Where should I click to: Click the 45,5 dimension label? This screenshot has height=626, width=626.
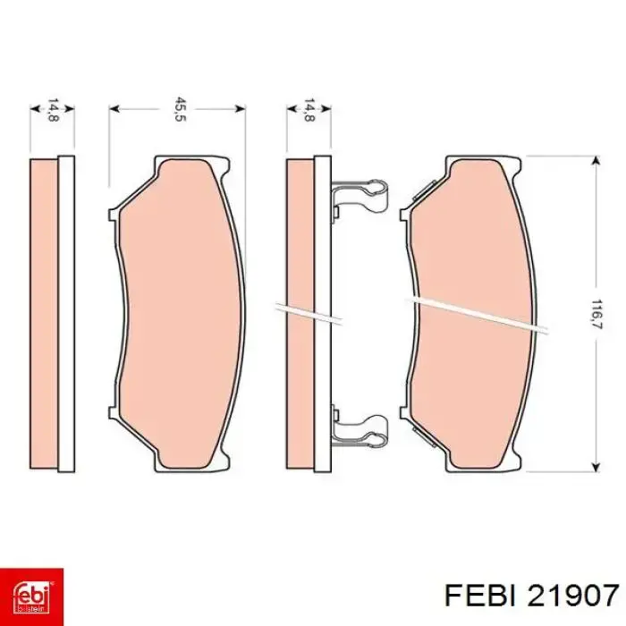point(180,109)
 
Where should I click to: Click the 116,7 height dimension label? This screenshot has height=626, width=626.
point(596,314)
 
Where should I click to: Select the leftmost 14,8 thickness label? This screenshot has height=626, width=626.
point(53,110)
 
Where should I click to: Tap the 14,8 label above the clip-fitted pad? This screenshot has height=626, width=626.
point(309,110)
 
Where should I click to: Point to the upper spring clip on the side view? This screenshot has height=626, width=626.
point(360,199)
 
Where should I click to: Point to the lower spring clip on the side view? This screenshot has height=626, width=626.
point(360,430)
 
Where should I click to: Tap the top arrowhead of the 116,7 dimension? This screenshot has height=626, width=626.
point(596,160)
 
